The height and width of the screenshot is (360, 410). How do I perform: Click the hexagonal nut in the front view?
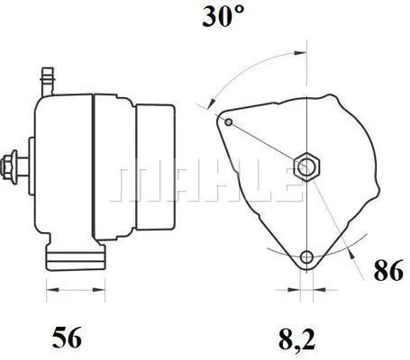[306, 165]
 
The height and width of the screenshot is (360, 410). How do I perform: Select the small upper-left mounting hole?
[230, 121]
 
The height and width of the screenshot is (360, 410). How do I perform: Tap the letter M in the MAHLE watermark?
[133, 183]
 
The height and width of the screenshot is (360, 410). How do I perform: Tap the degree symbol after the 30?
[240, 13]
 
